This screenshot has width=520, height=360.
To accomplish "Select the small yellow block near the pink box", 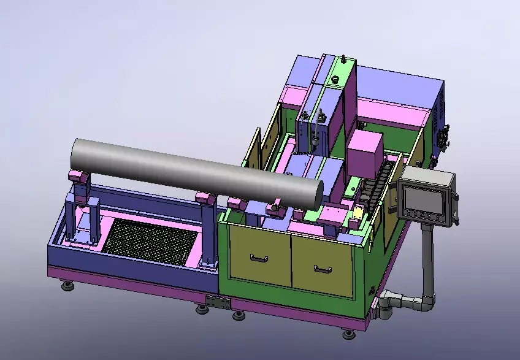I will (357, 213).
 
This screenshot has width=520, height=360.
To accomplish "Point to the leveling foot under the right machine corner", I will (349, 333).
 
